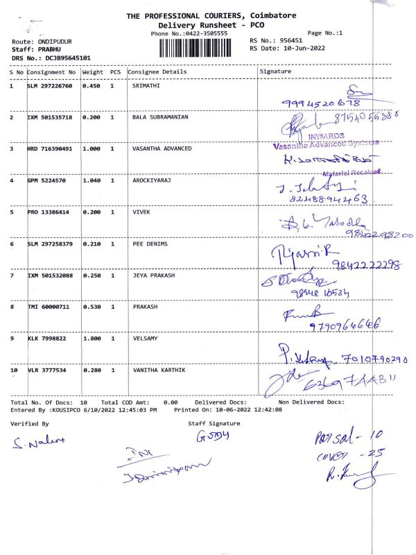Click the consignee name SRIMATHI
147,87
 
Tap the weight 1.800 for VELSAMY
92,339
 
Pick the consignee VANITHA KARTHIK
159,370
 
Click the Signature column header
275,71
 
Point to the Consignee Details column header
157,71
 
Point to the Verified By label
30,423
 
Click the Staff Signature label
214,423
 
